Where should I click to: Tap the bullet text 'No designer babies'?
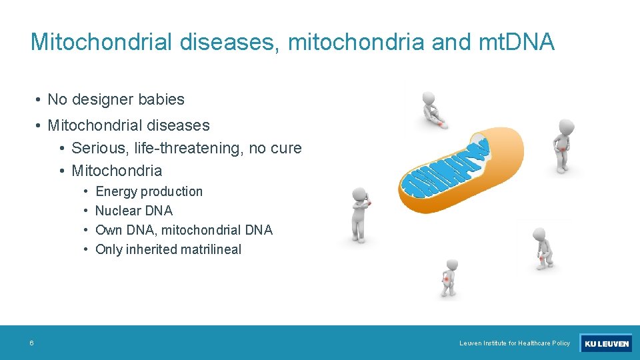tap(116, 100)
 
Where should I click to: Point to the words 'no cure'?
tap(275, 148)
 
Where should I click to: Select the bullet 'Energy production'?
tap(149, 192)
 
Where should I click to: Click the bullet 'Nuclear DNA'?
tap(134, 211)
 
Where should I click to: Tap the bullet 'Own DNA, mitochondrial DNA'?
tap(184, 231)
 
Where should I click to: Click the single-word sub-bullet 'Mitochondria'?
tap(117, 171)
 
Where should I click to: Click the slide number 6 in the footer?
tap(31, 343)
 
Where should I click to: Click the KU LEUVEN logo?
tap(606, 343)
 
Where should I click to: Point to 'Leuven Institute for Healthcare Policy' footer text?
tap(515, 343)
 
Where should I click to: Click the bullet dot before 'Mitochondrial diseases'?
tap(40, 125)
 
